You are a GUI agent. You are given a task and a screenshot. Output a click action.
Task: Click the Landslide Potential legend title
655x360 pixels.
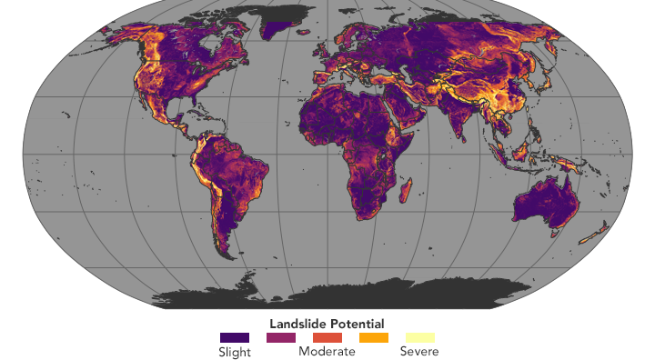point(327,323)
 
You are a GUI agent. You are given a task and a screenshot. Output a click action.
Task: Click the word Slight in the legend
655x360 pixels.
point(234,351)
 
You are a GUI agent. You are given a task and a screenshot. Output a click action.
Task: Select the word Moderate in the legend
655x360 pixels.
point(327,351)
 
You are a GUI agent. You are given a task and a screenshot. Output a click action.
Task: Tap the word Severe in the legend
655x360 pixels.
point(419,351)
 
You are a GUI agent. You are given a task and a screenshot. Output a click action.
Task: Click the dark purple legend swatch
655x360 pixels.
point(234,337)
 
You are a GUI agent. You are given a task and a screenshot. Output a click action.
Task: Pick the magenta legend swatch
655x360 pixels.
point(280,337)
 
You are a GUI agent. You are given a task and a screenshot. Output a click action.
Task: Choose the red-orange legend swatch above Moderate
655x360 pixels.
point(327,337)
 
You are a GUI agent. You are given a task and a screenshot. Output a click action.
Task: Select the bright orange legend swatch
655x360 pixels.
point(373,337)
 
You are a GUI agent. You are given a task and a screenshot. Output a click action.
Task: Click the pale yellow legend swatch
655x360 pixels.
point(419,337)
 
